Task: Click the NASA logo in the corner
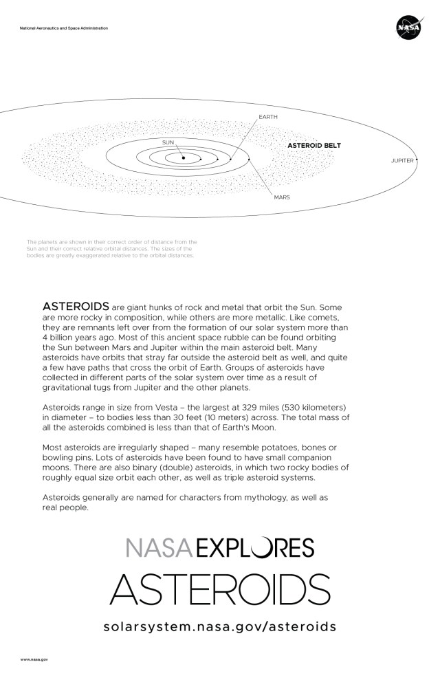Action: [x=408, y=28]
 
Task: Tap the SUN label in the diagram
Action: [x=168, y=142]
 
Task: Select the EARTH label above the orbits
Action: [x=267, y=118]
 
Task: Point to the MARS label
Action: [x=282, y=197]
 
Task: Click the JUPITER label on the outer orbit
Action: [x=401, y=160]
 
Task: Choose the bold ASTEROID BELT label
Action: [x=313, y=146]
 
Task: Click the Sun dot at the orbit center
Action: [x=184, y=159]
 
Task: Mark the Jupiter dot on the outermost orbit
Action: [x=417, y=160]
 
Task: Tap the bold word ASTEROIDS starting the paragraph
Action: [x=76, y=305]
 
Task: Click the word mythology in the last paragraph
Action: [x=278, y=497]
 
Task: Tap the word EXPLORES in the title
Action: [x=255, y=548]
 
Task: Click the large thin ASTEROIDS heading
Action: [x=220, y=589]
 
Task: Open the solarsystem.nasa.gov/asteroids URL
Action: [x=220, y=626]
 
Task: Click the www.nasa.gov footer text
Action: [x=34, y=659]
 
